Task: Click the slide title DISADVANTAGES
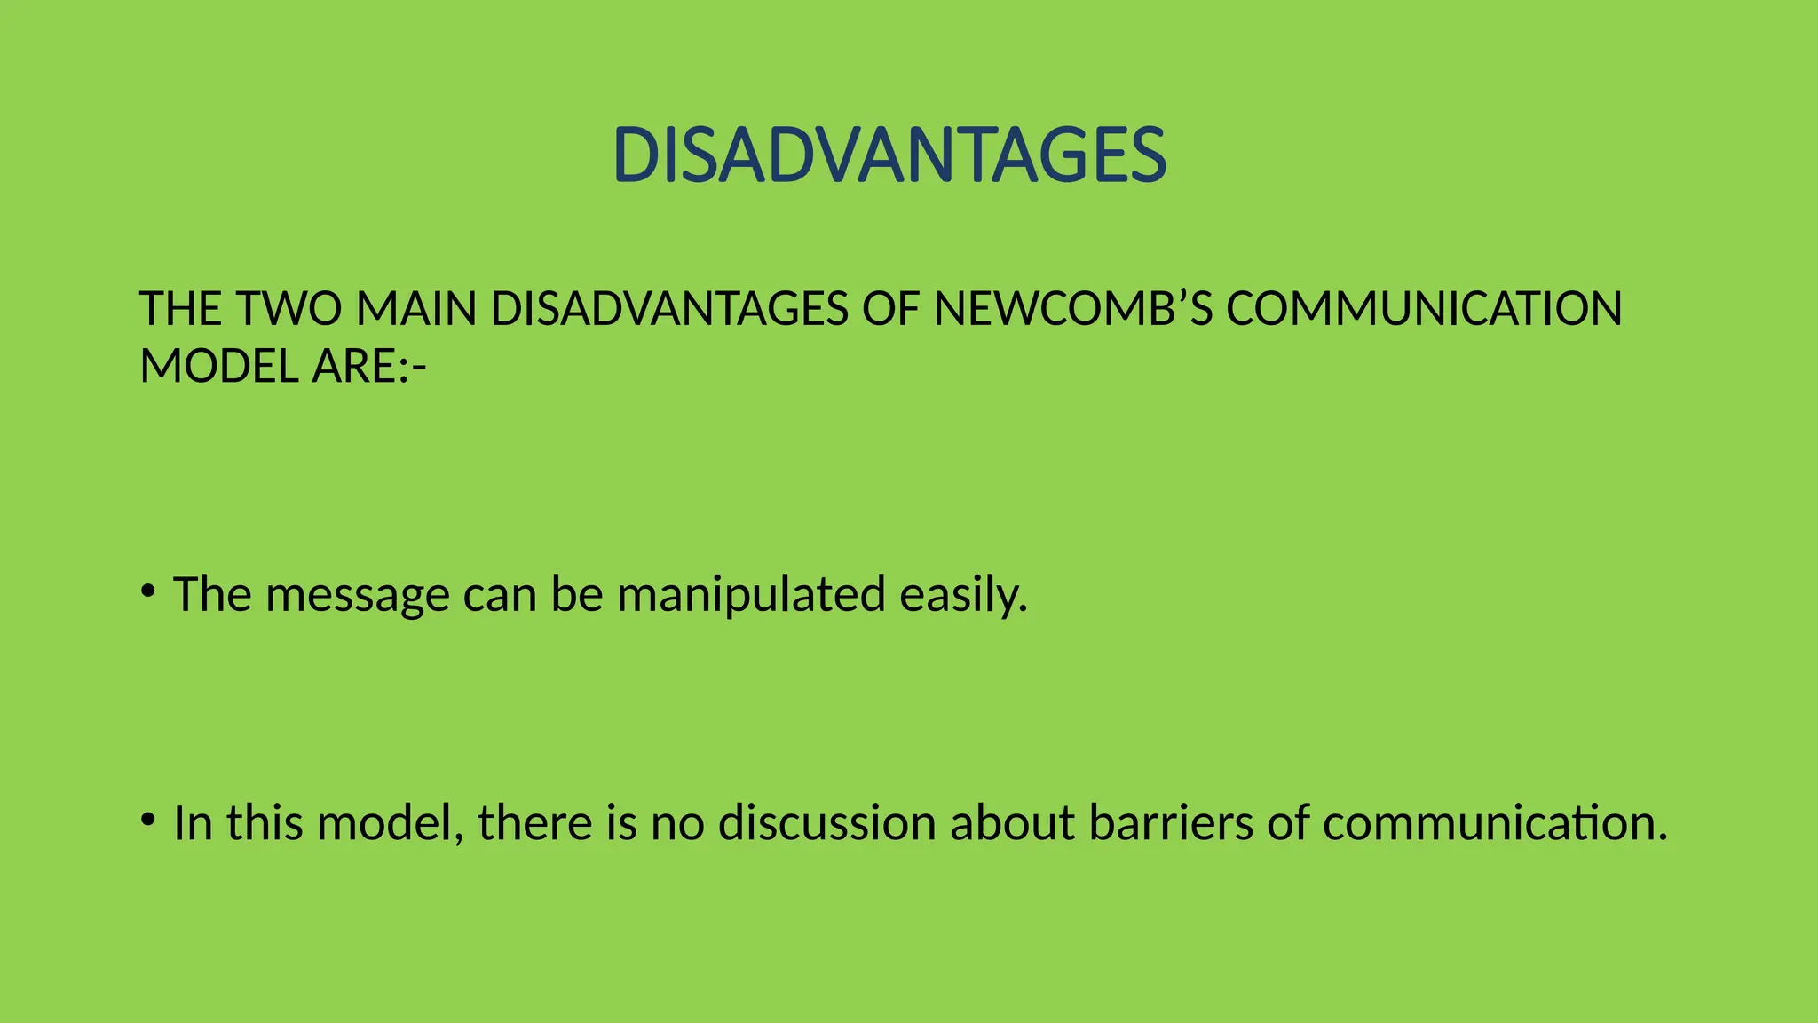[889, 155]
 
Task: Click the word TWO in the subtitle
[289, 309]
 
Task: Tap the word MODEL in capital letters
[219, 366]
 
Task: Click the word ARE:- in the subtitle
[368, 366]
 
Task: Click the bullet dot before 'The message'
[147, 590]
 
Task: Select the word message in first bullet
[357, 595]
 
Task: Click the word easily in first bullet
[963, 595]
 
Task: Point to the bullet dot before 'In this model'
[147, 818]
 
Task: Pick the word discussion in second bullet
[826, 822]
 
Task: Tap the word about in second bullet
[1013, 822]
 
